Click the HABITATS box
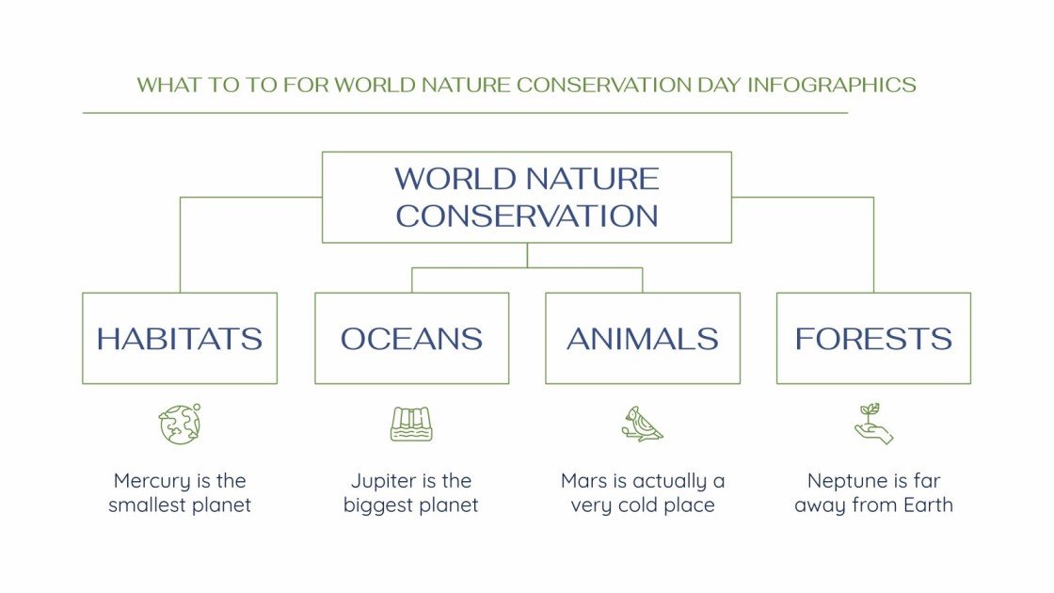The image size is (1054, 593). (179, 339)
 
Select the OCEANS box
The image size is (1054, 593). (411, 339)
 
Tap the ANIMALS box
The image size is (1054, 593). (643, 339)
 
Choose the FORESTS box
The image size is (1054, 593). (873, 339)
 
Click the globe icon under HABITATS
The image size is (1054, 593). (179, 425)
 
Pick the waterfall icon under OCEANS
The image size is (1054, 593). (411, 425)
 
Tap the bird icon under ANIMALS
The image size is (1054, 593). (642, 425)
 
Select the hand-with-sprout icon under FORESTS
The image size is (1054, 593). (873, 425)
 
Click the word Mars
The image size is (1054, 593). (583, 481)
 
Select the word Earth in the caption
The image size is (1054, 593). (927, 505)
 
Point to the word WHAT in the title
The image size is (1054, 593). (164, 85)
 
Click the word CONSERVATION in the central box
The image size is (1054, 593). (527, 216)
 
